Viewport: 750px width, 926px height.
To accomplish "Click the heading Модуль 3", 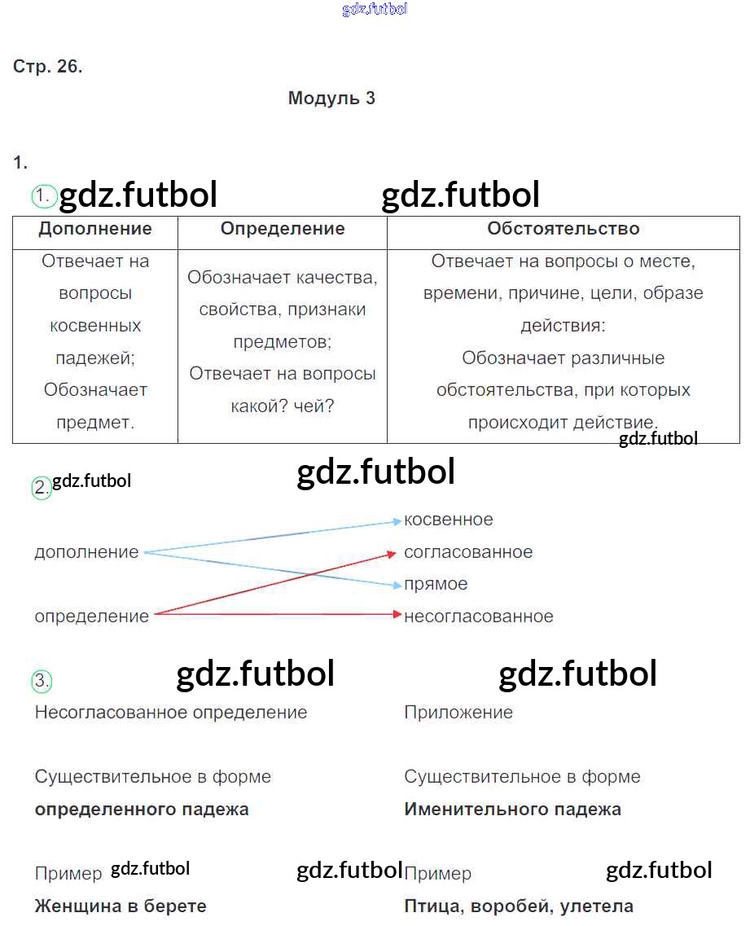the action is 331,98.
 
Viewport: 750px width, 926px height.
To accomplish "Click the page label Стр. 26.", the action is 47,66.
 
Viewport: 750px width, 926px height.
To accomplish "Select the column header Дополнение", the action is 95,229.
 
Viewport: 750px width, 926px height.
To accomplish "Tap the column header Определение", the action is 283,229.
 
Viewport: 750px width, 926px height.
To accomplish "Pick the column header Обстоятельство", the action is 564,229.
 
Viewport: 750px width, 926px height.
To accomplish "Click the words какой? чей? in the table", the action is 283,406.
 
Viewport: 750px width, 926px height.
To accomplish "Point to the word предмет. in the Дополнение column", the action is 95,422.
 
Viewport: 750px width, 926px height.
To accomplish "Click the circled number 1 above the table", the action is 43,195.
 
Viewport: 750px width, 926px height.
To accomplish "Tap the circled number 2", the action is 42,488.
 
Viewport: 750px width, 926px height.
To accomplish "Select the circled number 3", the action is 42,681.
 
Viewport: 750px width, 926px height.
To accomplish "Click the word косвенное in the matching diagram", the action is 448,520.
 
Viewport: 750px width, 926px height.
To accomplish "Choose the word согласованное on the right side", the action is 468,552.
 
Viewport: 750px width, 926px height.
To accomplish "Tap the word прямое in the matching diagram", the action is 436,584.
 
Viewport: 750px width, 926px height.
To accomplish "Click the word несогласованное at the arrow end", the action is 478,617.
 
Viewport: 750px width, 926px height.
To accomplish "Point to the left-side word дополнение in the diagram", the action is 87,552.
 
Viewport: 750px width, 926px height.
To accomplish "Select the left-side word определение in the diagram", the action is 91,617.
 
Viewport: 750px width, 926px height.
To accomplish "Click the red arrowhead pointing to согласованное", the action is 391,553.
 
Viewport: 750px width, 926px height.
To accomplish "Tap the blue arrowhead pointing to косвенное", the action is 397,521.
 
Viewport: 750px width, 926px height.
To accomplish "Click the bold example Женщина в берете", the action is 121,906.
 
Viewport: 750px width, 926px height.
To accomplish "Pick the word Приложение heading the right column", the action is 458,713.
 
